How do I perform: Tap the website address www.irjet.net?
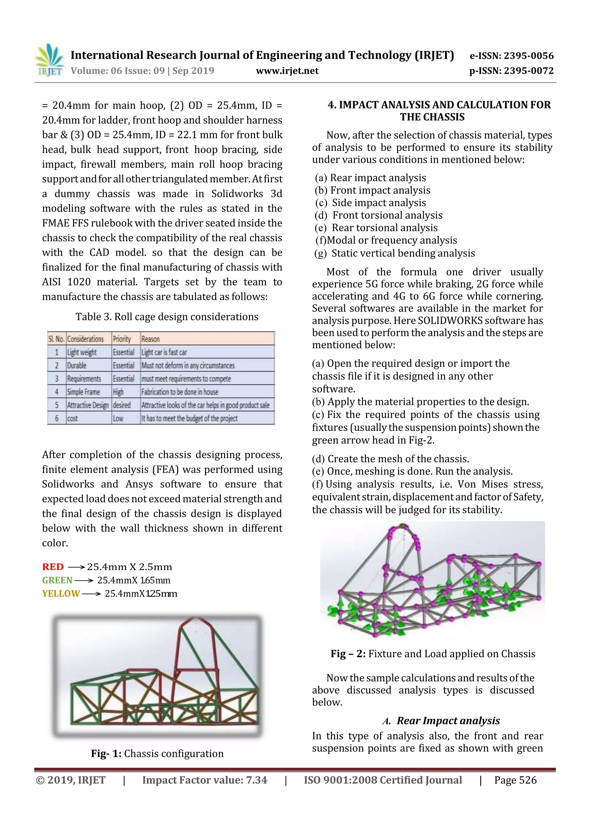pos(287,71)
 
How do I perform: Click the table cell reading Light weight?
pos(82,352)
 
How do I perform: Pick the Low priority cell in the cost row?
pos(118,418)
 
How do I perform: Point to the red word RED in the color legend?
pos(53,567)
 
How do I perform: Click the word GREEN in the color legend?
pos(57,580)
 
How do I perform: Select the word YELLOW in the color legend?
pos(61,593)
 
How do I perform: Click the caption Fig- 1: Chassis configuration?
pos(157,753)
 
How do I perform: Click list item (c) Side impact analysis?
pos(370,203)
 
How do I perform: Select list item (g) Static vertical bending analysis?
pos(394,253)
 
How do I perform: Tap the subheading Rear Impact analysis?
pos(448,721)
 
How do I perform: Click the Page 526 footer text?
pos(515,780)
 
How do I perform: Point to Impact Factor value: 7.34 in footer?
pos(204,780)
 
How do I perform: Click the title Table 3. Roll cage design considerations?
pos(167,317)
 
